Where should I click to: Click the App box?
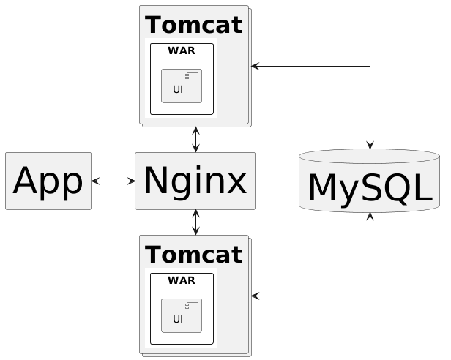[48, 181]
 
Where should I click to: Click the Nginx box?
[195, 181]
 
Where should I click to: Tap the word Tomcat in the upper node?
[194, 25]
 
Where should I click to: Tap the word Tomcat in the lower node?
[194, 255]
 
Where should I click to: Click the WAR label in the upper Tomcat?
[181, 50]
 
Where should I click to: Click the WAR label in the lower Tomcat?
[181, 280]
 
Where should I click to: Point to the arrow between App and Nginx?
[113, 180]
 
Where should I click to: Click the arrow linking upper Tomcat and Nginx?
[196, 140]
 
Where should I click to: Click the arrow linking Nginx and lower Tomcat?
[196, 222]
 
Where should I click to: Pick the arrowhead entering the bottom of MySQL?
[370, 217]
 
